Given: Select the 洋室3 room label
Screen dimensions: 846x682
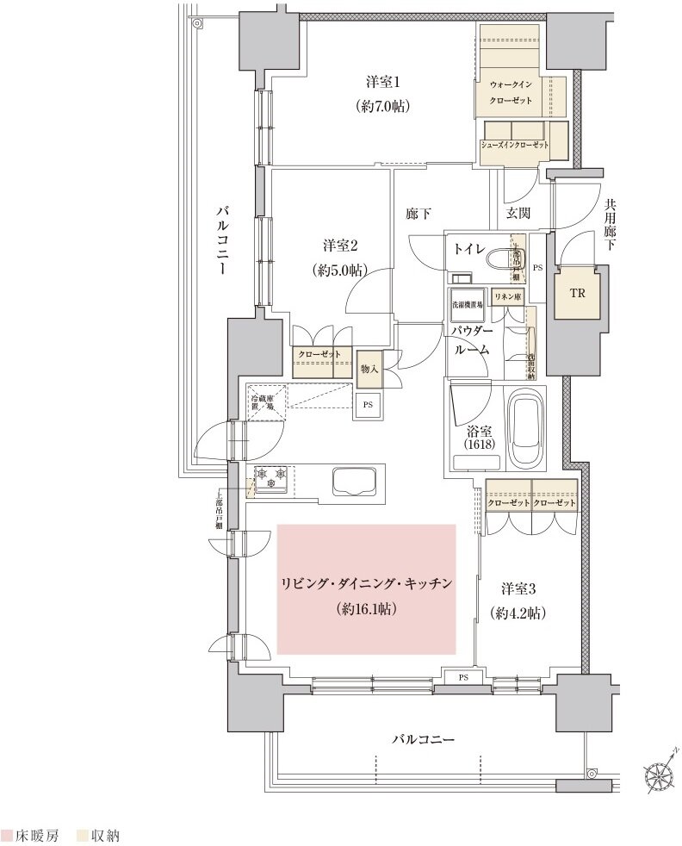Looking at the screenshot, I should tap(519, 589).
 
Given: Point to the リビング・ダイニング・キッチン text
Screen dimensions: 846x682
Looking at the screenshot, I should tap(366, 583).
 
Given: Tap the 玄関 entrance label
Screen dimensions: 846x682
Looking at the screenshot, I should tap(518, 214).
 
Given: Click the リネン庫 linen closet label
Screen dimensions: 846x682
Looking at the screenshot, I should tap(506, 296).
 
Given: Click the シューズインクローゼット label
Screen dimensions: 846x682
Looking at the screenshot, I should tap(515, 145).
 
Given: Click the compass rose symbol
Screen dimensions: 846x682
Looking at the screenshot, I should tap(660, 778).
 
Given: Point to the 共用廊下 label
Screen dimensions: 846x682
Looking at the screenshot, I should tap(611, 226).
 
